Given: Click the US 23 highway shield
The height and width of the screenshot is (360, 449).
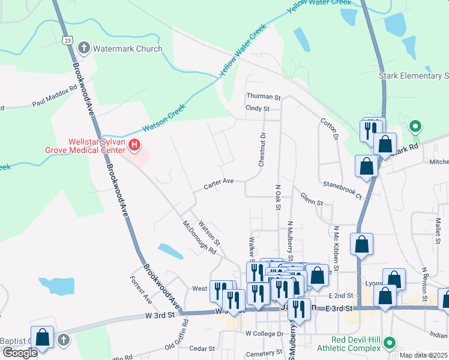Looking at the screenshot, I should (67, 40).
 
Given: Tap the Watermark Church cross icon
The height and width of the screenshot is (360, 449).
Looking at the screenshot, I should (85, 48).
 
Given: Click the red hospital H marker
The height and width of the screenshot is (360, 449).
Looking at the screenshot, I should (134, 145).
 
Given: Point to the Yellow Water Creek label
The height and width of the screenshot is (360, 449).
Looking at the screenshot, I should (243, 50).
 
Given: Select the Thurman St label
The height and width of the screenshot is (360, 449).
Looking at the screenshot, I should (263, 97).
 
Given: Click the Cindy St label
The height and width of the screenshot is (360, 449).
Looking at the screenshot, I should (258, 109).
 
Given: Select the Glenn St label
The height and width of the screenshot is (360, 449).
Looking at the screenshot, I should (312, 199).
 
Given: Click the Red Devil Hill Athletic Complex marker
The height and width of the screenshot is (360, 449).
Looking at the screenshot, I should (389, 343).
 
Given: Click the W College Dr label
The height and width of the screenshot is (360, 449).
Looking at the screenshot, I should (264, 334).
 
